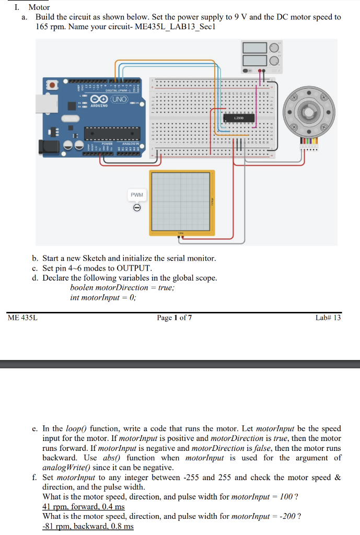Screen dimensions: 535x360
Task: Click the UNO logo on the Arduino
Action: coord(119,98)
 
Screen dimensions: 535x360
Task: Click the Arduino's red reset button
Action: coord(53,84)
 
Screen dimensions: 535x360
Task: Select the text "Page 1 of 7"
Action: coord(175,318)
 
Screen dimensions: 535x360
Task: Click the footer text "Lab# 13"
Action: coord(328,318)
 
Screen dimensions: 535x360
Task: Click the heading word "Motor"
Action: coord(39,7)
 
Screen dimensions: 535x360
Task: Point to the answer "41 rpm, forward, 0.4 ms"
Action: coord(83,506)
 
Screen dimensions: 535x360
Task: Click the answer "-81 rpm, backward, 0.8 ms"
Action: coord(87,526)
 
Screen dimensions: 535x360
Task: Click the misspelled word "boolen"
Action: coord(82,287)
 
